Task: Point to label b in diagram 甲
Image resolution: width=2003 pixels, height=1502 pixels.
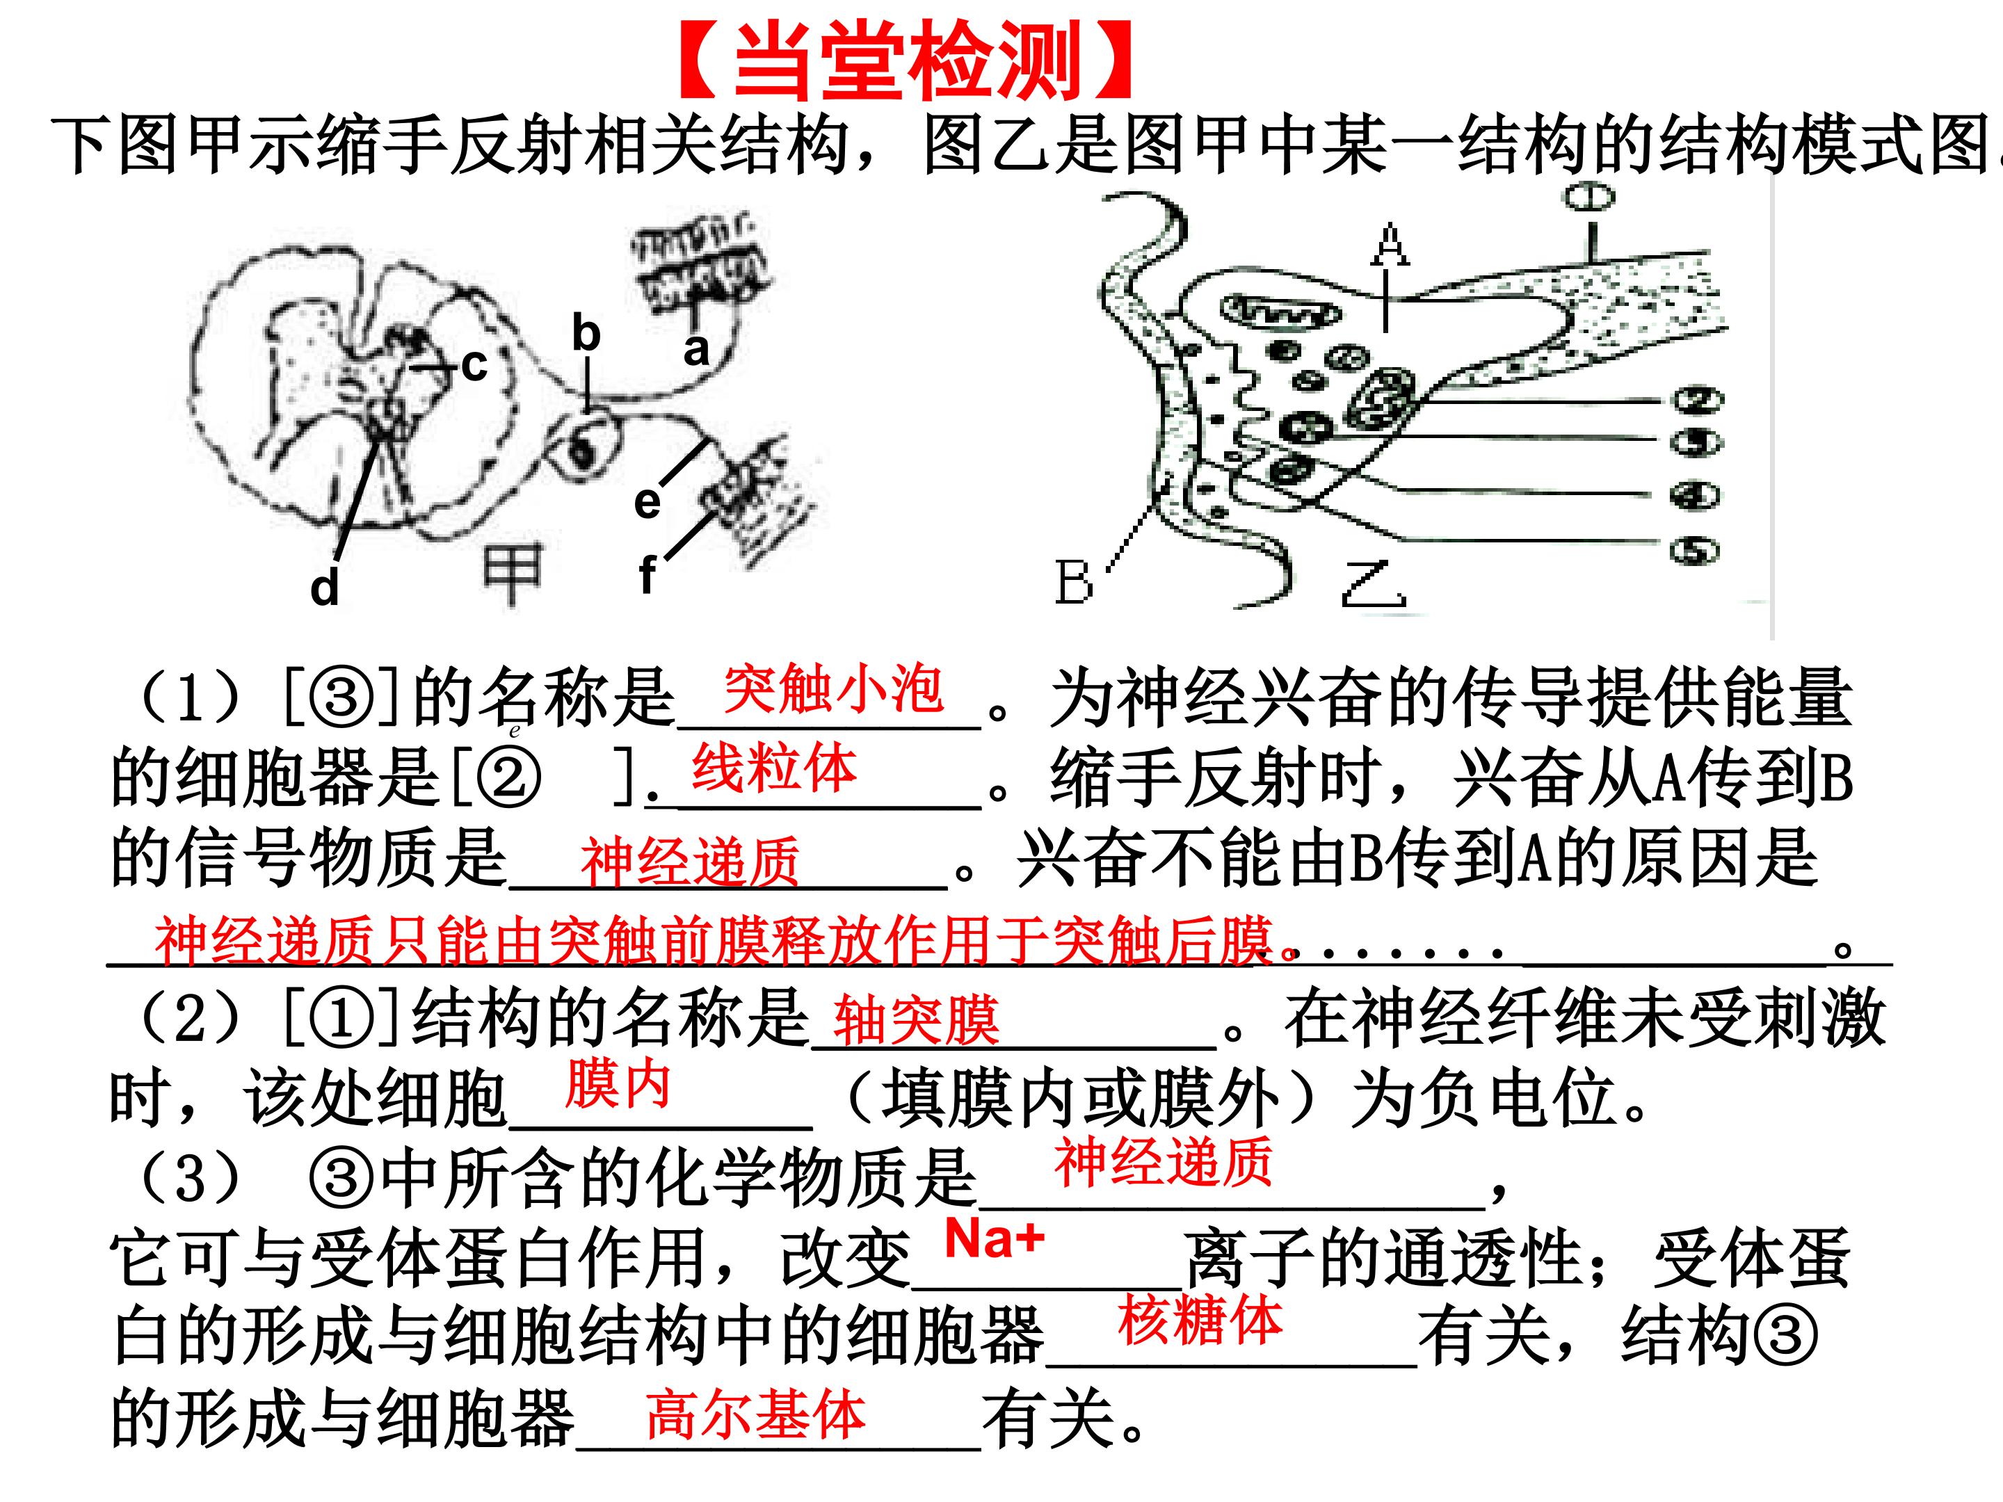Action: pyautogui.click(x=586, y=332)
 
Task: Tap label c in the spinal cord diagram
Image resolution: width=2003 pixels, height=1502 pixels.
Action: pyautogui.click(x=474, y=366)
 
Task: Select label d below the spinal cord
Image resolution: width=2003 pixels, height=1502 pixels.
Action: pyautogui.click(x=324, y=588)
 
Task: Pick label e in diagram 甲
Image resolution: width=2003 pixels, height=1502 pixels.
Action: pyautogui.click(x=647, y=503)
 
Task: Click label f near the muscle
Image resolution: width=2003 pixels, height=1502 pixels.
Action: pyautogui.click(x=647, y=574)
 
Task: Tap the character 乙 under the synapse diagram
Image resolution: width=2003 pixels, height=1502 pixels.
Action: pyautogui.click(x=1373, y=584)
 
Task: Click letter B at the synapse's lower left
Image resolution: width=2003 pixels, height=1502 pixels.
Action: pyautogui.click(x=1073, y=581)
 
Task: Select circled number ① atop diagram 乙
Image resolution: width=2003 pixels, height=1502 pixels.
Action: pyautogui.click(x=1590, y=197)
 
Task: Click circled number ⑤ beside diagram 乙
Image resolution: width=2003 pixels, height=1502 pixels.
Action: pyautogui.click(x=1695, y=551)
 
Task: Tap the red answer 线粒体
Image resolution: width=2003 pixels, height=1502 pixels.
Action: pyautogui.click(x=774, y=768)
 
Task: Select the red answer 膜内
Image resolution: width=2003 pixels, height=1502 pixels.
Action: pyautogui.click(x=618, y=1085)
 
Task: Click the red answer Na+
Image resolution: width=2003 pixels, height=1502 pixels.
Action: pyautogui.click(x=995, y=1238)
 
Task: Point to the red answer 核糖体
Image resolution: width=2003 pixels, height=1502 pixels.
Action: pyautogui.click(x=1200, y=1320)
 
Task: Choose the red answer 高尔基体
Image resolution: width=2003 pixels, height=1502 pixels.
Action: pyautogui.click(x=756, y=1415)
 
